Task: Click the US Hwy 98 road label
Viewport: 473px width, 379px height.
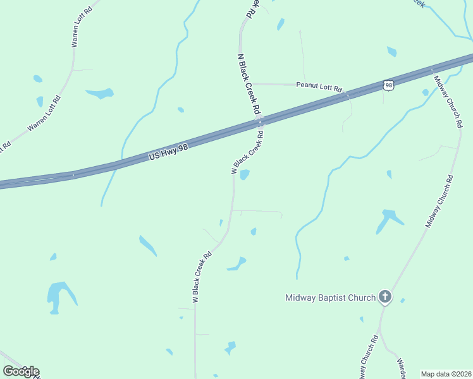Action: click(169, 153)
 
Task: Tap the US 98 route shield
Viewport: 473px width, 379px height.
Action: click(388, 85)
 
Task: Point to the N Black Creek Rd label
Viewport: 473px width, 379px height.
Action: click(248, 83)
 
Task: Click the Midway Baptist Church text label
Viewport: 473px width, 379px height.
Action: click(330, 298)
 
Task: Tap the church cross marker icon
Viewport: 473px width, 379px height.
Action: click(384, 297)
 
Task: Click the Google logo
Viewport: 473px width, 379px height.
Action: click(21, 371)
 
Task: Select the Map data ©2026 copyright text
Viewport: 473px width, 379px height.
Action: click(445, 374)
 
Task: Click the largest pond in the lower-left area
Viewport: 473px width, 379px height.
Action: click(59, 294)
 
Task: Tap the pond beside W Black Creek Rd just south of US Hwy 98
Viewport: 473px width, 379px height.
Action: click(244, 174)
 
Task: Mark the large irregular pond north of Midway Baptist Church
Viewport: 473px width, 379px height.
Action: click(388, 219)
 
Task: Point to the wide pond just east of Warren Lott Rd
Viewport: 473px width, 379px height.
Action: click(100, 93)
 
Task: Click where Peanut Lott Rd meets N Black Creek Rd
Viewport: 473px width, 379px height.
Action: click(254, 83)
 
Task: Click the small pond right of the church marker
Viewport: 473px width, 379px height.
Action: click(403, 300)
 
